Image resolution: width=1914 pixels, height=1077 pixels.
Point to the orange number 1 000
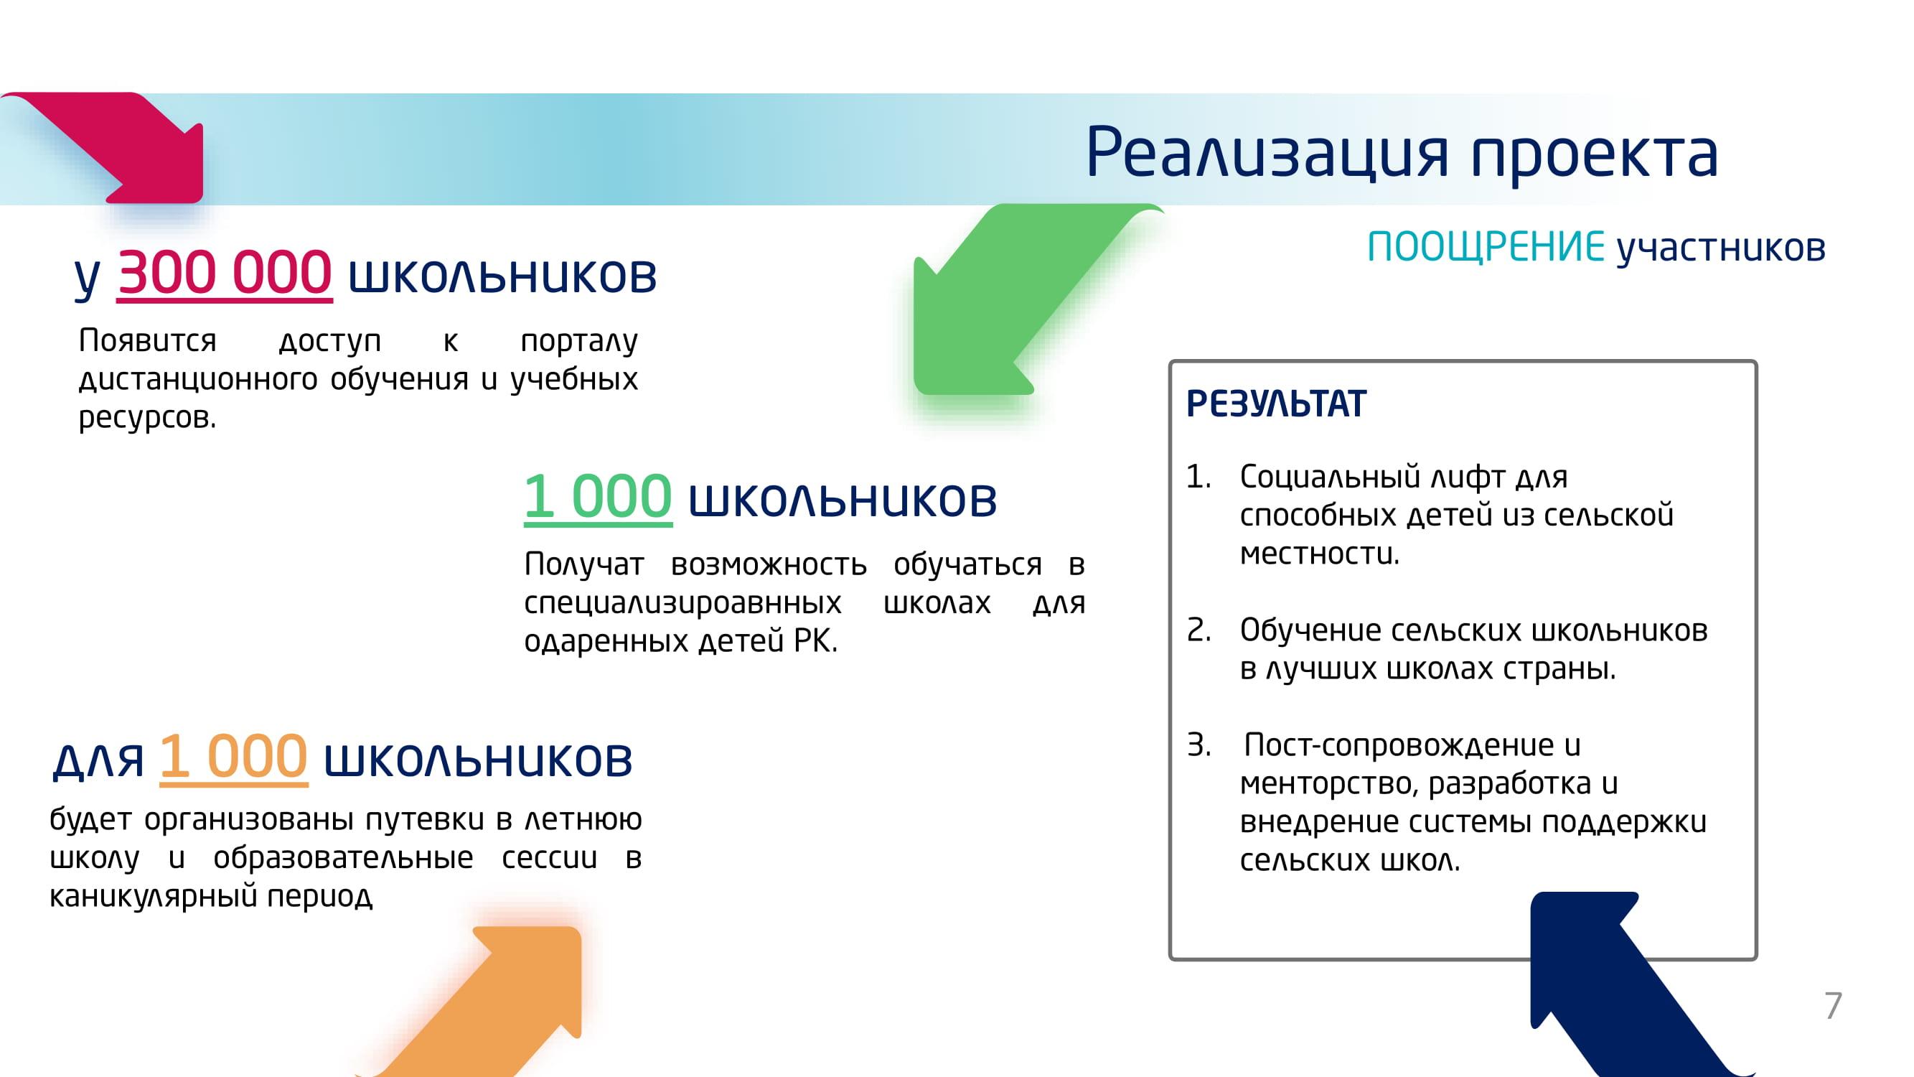tap(233, 756)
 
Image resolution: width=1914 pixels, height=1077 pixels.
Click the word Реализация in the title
tap(1267, 153)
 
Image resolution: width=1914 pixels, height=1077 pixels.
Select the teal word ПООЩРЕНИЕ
tap(1486, 247)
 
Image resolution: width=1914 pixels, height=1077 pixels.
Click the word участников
tap(1722, 248)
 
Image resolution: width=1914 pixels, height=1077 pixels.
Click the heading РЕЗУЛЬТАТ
tap(1276, 404)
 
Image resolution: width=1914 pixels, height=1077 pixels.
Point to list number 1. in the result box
tap(1198, 477)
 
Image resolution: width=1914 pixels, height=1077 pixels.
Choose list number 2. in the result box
tap(1198, 630)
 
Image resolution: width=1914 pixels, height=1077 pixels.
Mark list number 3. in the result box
tap(1198, 745)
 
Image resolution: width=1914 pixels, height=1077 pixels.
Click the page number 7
tap(1833, 1006)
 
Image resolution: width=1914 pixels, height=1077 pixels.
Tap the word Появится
tap(147, 340)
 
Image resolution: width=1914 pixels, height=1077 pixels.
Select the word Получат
tap(584, 564)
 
